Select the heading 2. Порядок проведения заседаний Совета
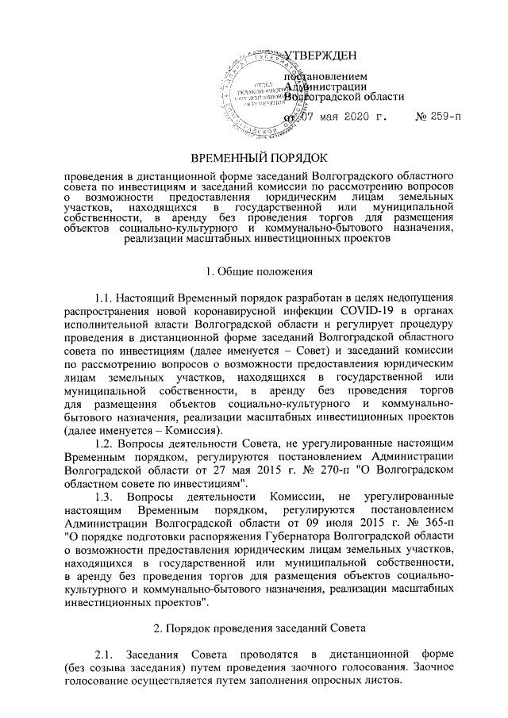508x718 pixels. (x=254, y=628)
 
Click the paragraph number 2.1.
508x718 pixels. (x=107, y=655)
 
